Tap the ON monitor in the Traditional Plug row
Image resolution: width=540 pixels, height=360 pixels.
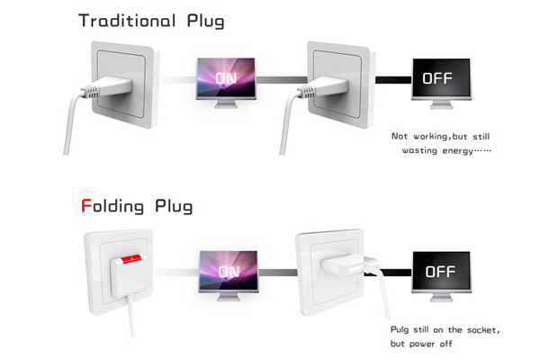[x=229, y=78]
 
